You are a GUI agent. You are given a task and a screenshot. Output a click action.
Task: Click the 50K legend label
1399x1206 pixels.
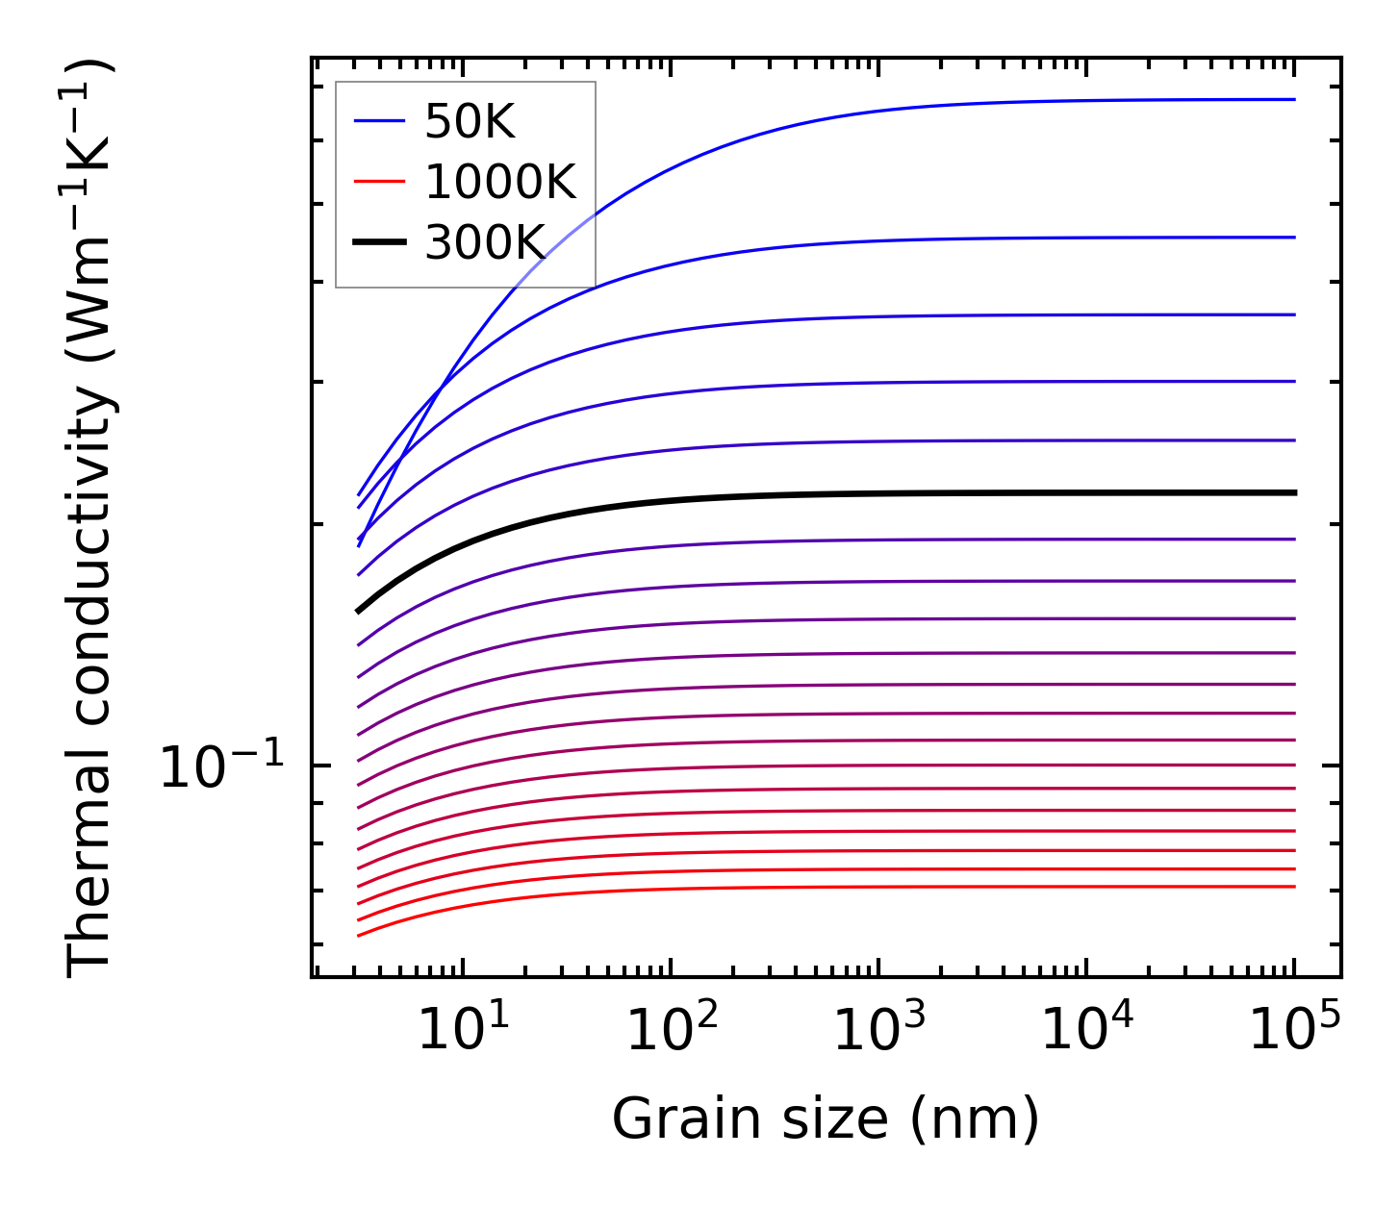(470, 121)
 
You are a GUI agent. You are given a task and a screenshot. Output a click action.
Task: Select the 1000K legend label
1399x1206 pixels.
(500, 182)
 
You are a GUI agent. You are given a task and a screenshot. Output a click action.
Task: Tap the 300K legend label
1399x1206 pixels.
(485, 242)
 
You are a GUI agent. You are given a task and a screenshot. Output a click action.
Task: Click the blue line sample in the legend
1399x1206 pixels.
(380, 121)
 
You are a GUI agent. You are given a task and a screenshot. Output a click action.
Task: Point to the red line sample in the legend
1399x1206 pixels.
(380, 182)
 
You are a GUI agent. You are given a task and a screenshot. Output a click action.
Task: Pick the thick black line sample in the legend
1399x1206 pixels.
(380, 242)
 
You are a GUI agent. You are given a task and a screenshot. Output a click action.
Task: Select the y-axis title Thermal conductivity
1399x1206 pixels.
(91, 519)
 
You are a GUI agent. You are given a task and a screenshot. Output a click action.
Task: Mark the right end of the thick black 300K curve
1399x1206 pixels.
(1295, 492)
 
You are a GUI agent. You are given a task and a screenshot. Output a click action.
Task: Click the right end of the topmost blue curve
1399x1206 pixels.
(1295, 99)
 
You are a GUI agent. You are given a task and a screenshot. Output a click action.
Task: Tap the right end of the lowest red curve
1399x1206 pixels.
(1295, 887)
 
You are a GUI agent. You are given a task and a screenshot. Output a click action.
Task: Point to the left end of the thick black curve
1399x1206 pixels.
(358, 611)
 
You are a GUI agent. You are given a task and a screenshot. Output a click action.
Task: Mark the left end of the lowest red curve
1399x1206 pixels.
(358, 935)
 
